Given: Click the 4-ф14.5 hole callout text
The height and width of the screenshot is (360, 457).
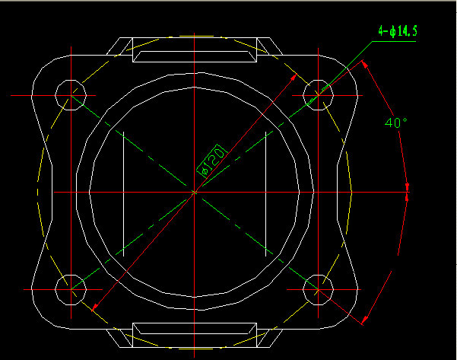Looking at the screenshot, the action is pos(398,31).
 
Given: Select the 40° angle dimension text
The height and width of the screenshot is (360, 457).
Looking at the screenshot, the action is pos(396,123).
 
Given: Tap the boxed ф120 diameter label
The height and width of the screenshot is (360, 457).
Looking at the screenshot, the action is pos(212,161).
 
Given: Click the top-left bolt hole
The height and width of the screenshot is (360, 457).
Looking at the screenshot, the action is pos(71,95).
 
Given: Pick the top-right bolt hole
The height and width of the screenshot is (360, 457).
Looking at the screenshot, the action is pos(318,95).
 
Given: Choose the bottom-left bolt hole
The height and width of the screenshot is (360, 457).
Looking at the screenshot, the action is pos(71,290).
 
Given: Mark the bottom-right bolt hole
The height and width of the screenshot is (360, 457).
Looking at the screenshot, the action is pos(318,290).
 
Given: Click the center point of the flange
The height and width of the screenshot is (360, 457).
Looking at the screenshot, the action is pos(195,193).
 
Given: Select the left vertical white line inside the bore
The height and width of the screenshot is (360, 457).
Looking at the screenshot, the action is pos(124,194).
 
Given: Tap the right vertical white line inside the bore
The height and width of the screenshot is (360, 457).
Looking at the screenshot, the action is pos(265,194).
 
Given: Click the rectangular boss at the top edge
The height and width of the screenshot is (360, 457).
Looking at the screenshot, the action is pos(195,49).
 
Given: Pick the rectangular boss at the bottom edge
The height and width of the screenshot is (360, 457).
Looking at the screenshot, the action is pos(195,335).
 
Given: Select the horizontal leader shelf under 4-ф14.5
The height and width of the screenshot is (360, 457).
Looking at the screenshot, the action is pos(394,41).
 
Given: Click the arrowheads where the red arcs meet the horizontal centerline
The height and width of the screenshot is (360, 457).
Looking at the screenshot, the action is pos(407,193).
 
